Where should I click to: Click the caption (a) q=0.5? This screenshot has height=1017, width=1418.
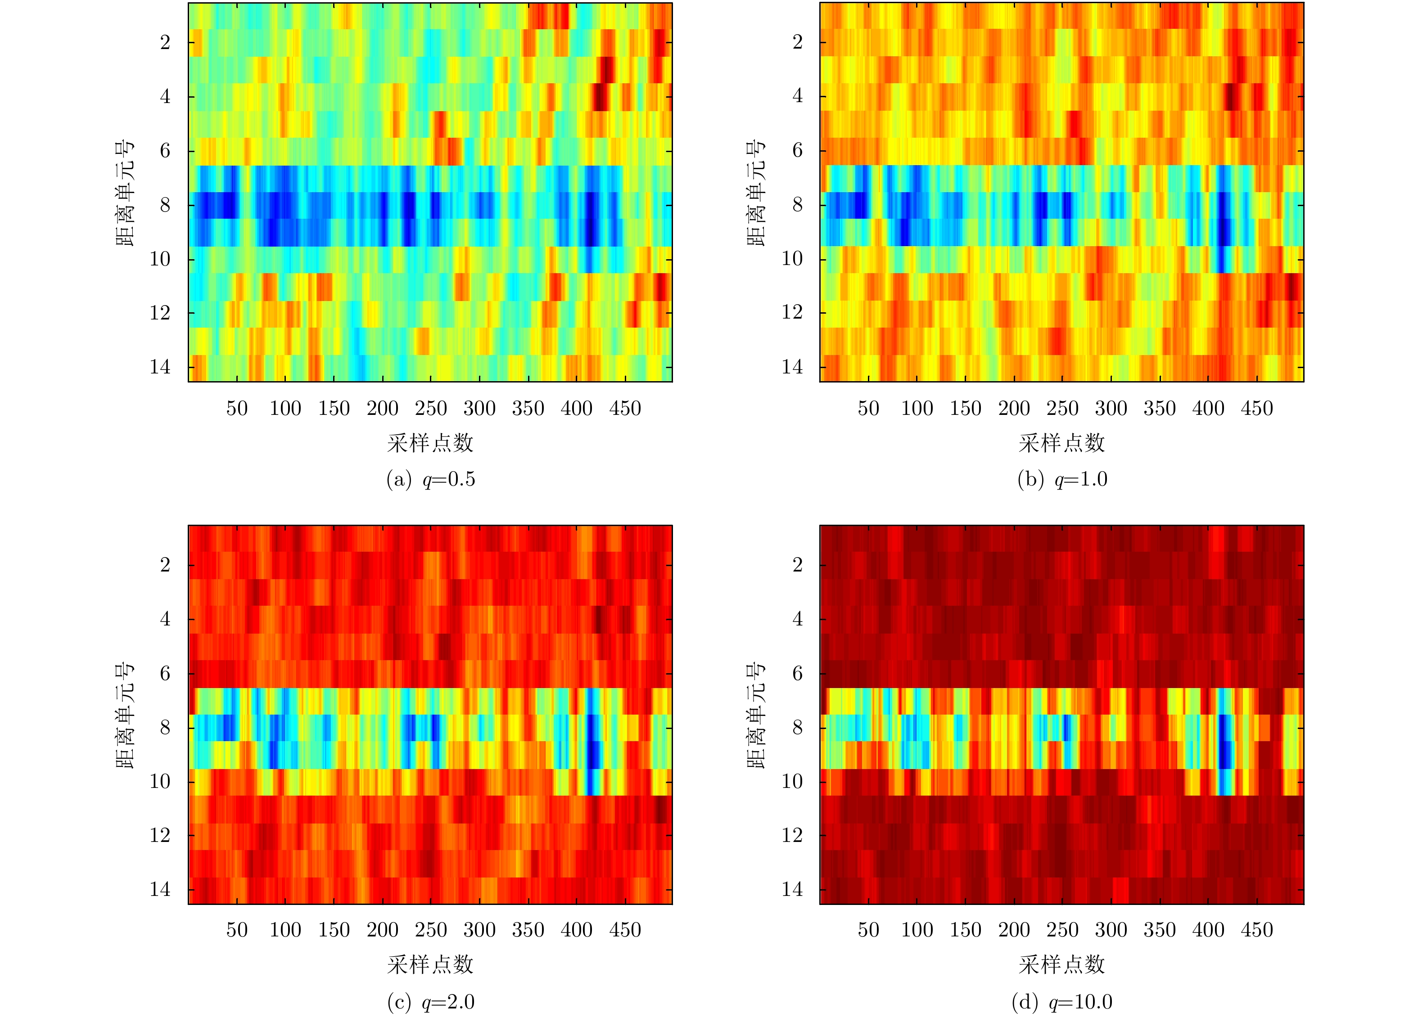point(430,479)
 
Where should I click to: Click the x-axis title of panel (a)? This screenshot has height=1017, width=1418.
point(430,443)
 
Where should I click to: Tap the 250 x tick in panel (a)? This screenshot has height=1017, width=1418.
point(431,409)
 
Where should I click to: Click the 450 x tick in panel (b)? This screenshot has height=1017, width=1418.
point(1257,409)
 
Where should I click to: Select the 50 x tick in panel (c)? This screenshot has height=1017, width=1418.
point(237,930)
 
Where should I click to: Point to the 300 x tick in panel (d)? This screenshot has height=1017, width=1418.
point(1111,930)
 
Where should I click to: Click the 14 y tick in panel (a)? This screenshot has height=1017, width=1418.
point(160,367)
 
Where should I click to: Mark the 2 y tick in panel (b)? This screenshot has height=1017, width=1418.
point(797,42)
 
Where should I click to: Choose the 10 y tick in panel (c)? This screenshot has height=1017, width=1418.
point(160,781)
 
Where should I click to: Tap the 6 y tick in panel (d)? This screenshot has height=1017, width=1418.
point(797,673)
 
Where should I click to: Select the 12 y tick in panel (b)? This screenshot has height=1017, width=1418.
point(792,313)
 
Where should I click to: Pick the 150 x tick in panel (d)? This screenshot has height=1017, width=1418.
point(965,930)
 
